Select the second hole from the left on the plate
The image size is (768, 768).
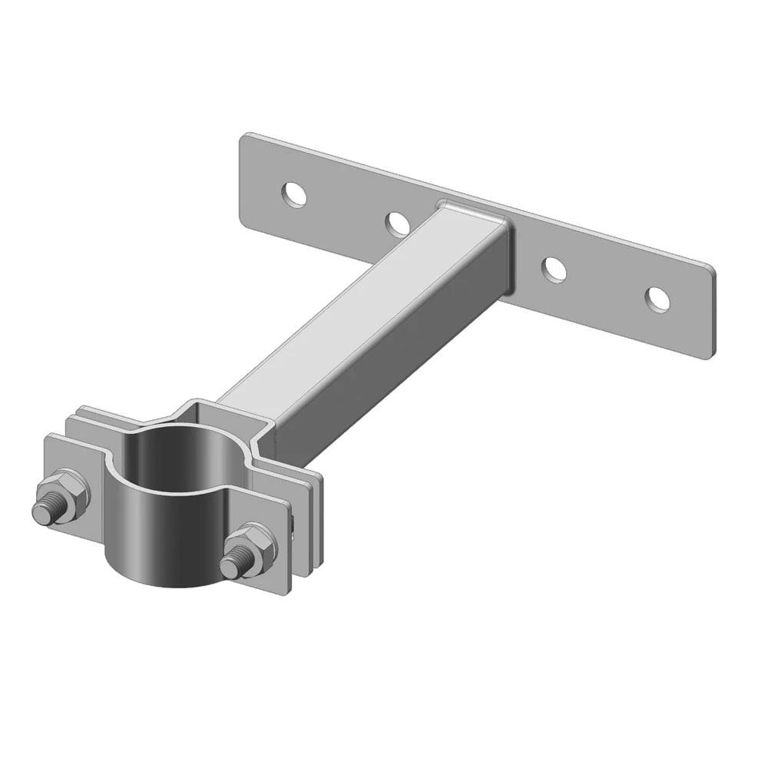(397, 223)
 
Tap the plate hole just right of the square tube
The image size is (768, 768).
(554, 269)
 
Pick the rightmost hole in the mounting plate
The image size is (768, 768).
(657, 299)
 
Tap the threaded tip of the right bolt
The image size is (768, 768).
(230, 568)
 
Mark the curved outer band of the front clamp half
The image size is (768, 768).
(165, 545)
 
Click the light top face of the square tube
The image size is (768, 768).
(361, 307)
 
